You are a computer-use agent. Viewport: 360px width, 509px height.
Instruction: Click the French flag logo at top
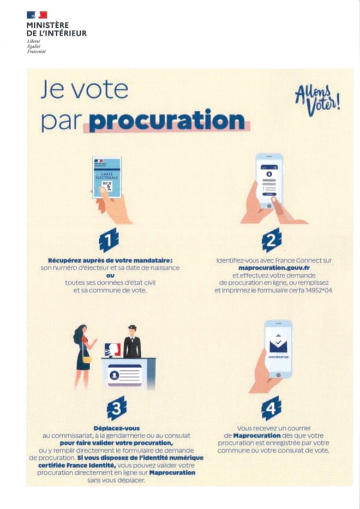click(37, 15)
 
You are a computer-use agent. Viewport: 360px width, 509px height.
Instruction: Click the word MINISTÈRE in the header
click(47, 25)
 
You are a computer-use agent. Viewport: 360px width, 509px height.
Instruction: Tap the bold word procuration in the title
click(167, 120)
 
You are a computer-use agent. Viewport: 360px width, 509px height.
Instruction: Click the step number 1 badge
click(109, 240)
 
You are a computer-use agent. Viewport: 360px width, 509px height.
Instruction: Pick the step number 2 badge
click(272, 240)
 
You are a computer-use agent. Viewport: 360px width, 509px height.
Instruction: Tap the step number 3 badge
click(117, 409)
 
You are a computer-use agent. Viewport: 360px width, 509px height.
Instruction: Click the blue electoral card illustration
click(107, 177)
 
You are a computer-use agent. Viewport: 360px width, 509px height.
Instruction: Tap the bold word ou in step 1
click(110, 276)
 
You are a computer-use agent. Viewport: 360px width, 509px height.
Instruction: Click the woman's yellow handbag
click(87, 360)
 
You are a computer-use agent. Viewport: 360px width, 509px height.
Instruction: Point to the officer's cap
click(132, 327)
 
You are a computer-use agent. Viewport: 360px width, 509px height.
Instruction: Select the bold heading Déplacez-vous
click(117, 428)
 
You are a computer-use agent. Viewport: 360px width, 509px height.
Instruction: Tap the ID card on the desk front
click(125, 375)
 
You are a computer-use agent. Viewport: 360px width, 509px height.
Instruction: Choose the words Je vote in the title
click(85, 90)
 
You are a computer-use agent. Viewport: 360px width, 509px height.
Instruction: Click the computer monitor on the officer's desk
click(113, 350)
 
